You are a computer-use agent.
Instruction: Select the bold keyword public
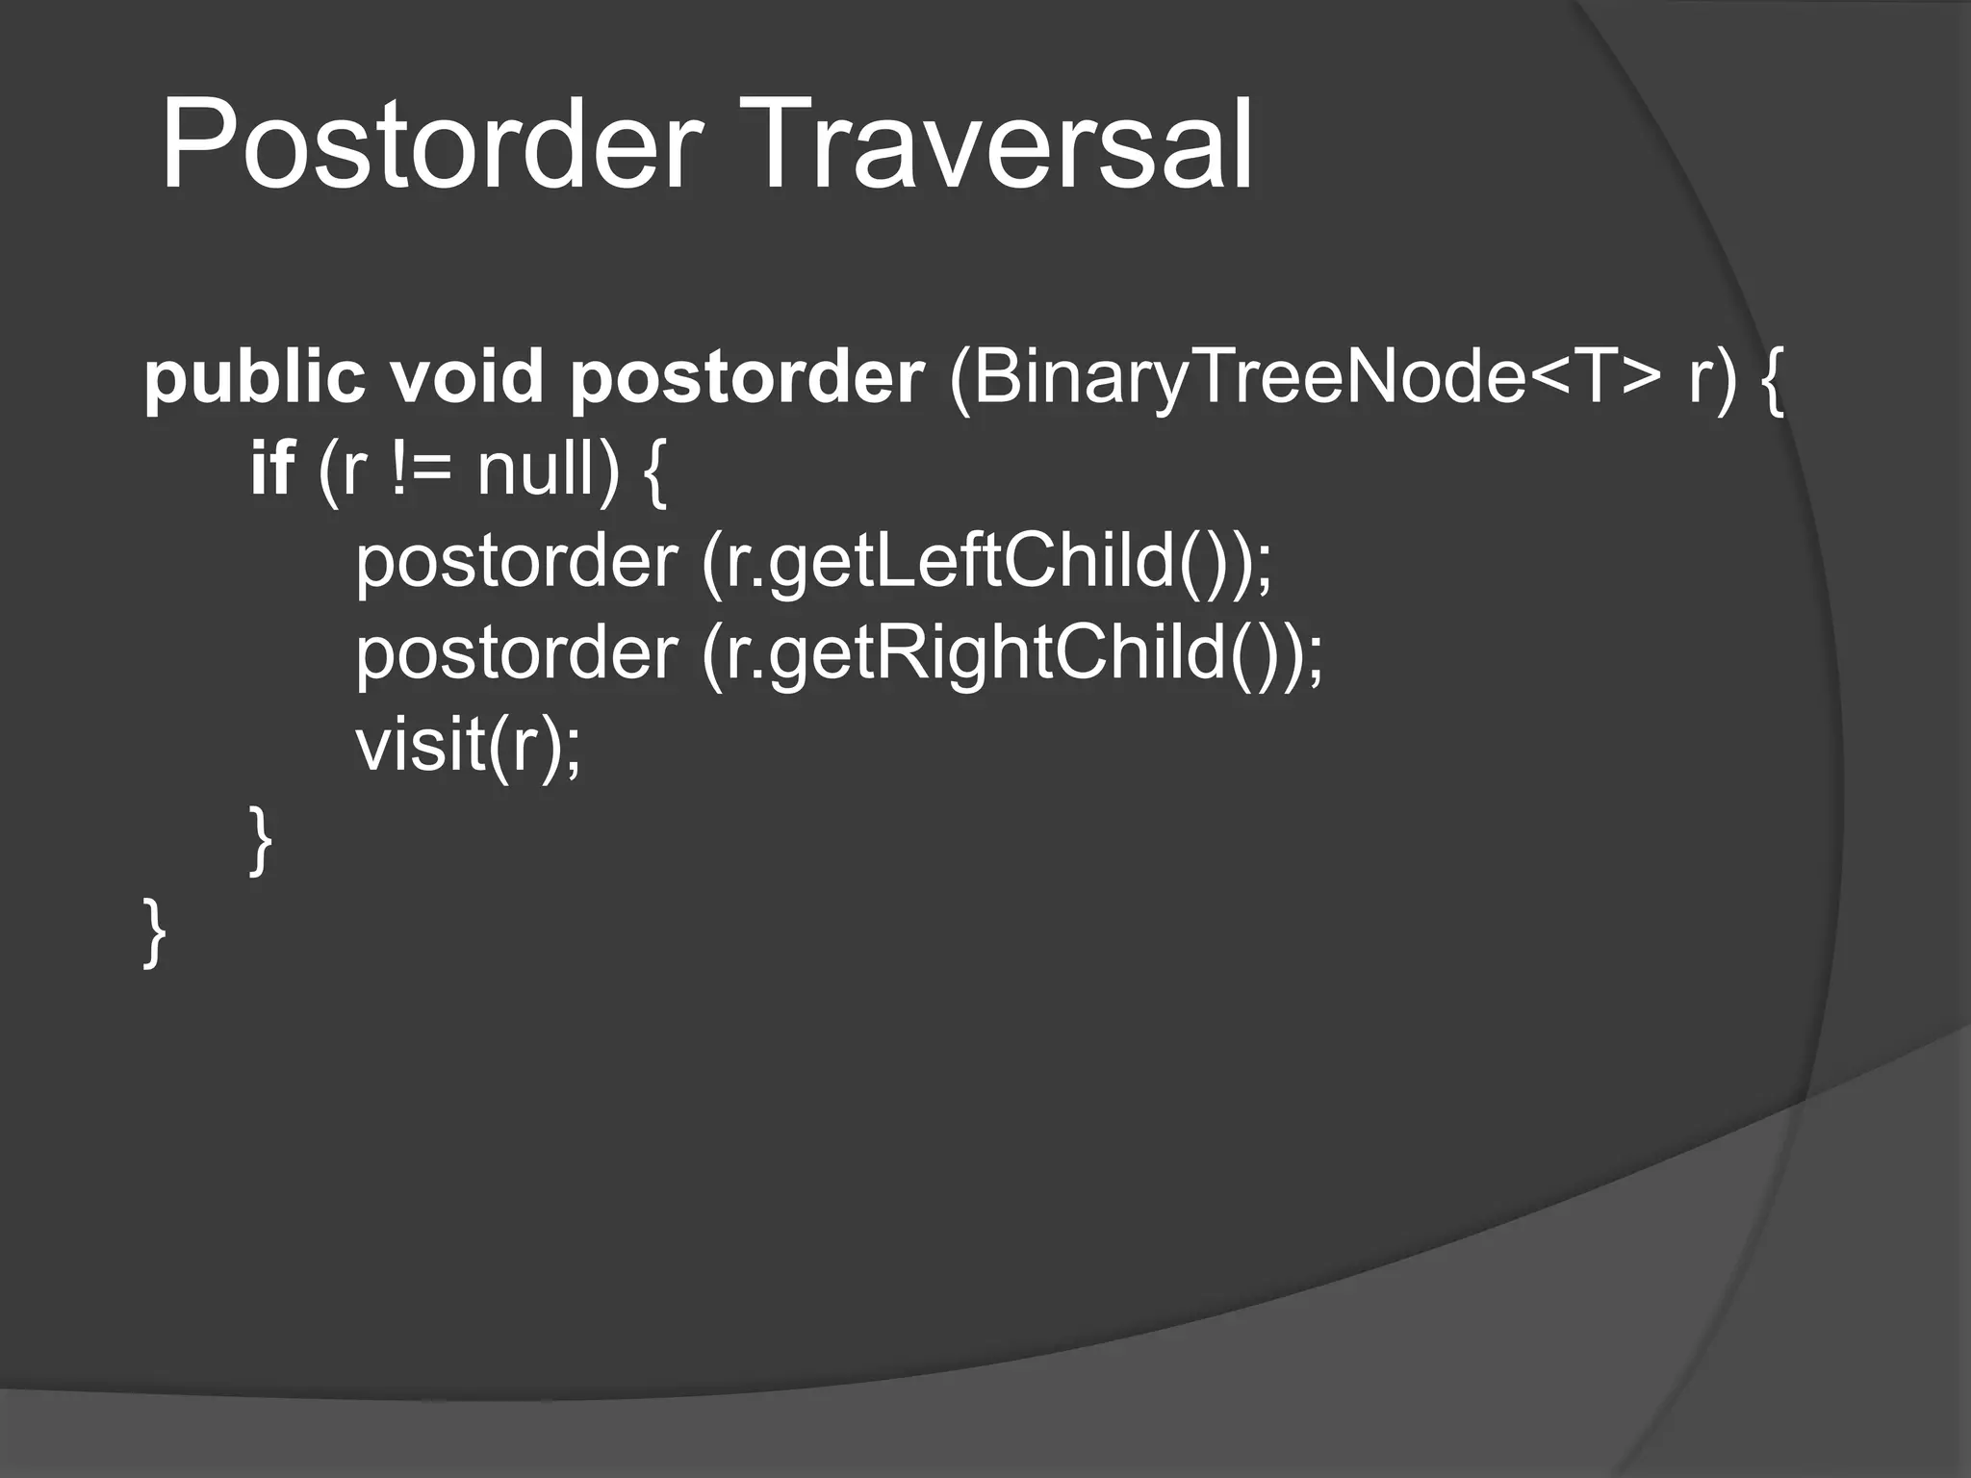tap(254, 377)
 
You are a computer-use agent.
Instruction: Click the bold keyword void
tap(467, 377)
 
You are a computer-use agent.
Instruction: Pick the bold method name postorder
tap(746, 377)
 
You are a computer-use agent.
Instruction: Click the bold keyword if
tap(271, 469)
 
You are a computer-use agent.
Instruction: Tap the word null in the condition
tap(539, 469)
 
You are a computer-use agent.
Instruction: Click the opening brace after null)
tap(653, 471)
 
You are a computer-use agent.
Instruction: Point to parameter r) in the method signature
tap(1713, 377)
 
